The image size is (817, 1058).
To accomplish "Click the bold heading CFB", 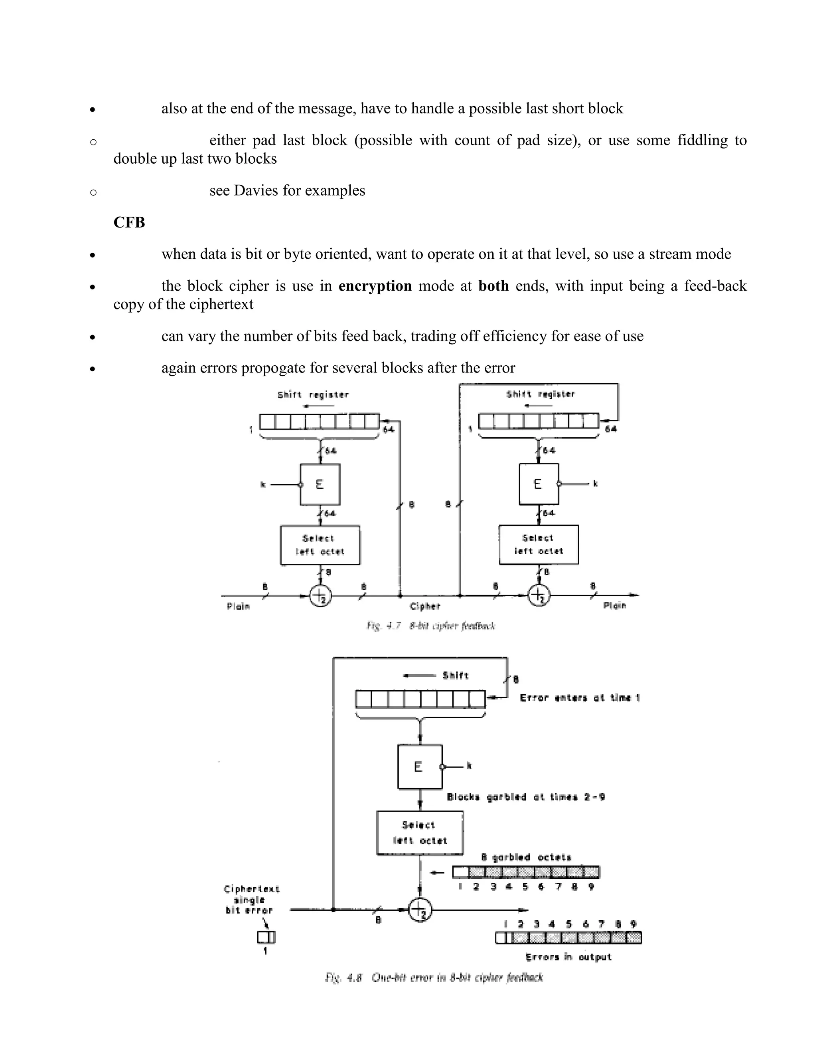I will coord(129,222).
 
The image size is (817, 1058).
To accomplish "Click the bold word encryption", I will coord(375,286).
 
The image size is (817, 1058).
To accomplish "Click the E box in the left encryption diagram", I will coord(320,484).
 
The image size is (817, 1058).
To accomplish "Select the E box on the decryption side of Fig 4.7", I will coord(538,484).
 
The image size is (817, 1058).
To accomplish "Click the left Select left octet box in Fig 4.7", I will coord(320,545).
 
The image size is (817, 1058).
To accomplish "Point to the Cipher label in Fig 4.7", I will coord(425,606).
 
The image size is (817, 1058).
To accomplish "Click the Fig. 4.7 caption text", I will coord(430,626).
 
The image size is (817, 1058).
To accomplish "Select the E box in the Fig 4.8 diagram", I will coord(419,767).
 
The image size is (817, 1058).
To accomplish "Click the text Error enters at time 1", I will coord(579,697).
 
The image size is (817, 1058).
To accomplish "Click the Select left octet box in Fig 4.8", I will coord(420,833).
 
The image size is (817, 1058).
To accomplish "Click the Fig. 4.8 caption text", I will coord(434,978).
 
